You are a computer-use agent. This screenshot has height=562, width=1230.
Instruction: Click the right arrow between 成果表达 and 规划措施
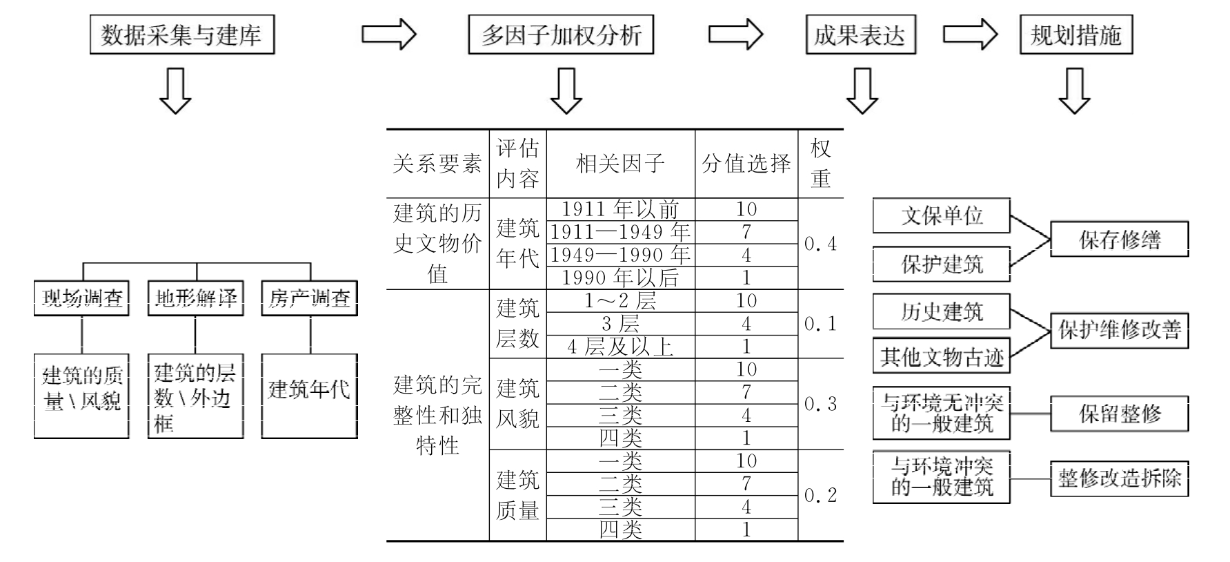[969, 34]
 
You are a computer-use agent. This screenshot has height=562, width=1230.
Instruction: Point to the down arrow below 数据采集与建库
[175, 90]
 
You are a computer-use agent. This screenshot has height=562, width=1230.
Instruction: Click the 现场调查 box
[81, 298]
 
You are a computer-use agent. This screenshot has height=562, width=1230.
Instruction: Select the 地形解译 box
[196, 298]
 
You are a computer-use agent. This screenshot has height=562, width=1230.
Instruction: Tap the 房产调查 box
[310, 298]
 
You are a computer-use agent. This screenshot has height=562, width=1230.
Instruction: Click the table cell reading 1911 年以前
[620, 209]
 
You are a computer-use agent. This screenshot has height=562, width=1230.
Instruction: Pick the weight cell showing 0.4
[820, 244]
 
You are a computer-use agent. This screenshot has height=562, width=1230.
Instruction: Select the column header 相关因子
[620, 164]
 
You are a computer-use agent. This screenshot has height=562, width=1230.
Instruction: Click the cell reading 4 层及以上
[620, 347]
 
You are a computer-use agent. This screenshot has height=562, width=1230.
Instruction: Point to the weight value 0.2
[820, 495]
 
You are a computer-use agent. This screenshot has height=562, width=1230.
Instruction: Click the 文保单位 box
[941, 216]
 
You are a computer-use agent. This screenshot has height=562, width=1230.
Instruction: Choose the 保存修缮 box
[1119, 240]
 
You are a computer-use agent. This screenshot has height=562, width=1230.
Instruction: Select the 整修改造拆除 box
[1119, 478]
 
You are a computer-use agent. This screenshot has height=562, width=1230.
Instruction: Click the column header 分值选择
[746, 164]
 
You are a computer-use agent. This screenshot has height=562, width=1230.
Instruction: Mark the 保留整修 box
[1119, 414]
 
